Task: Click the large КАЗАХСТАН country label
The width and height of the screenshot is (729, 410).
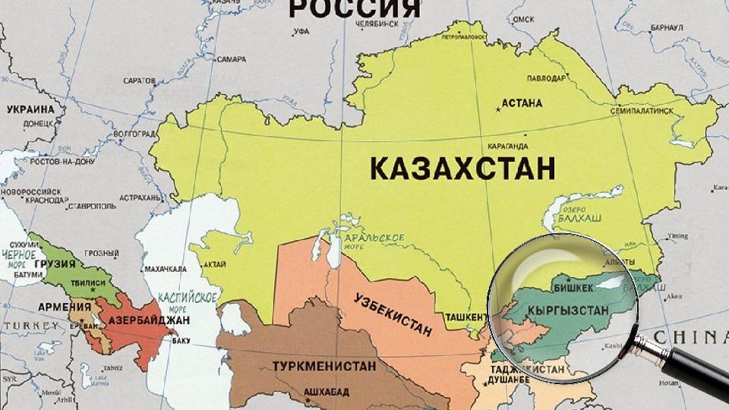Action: pos(462,168)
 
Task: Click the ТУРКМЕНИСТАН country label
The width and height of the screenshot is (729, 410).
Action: pos(324,366)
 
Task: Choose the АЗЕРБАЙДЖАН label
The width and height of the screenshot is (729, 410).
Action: pos(149,321)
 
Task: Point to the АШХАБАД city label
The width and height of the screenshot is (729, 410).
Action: pos(326,393)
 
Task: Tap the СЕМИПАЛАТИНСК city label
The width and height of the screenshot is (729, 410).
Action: pos(642,111)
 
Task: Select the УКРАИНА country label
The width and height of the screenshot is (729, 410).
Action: pos(30,109)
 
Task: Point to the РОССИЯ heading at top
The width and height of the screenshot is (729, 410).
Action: pos(355,8)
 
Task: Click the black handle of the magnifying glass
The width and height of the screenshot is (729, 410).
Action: pos(687,373)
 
